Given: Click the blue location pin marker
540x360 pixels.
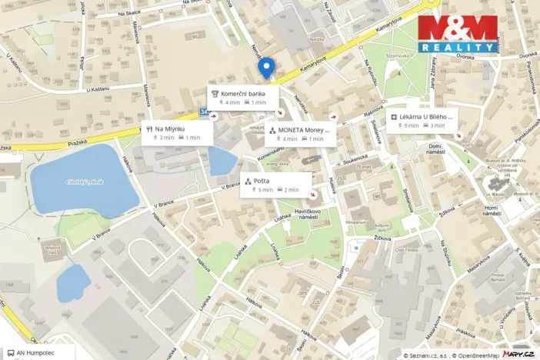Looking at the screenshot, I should pos(266,68).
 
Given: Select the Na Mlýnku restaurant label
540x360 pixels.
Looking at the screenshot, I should pos(170,128).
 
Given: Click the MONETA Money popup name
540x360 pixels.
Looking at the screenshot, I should pos(303,130).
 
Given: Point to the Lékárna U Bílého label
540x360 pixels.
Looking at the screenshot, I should pos(426,116).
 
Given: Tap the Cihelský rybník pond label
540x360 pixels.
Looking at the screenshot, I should pos(85,182).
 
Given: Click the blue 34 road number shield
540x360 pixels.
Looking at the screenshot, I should pos(203,112).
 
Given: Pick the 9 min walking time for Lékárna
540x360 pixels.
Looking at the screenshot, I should pos(412,125).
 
